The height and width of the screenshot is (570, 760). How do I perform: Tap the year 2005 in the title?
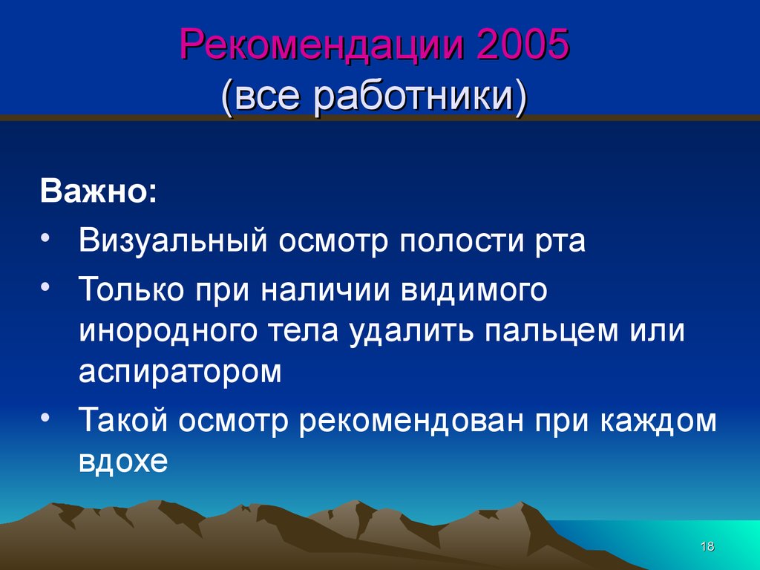[x=522, y=44]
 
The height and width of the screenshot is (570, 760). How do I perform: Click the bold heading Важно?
[x=99, y=191]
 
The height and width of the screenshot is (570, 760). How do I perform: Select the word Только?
[x=131, y=289]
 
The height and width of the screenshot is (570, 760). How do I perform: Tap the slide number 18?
[x=707, y=546]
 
